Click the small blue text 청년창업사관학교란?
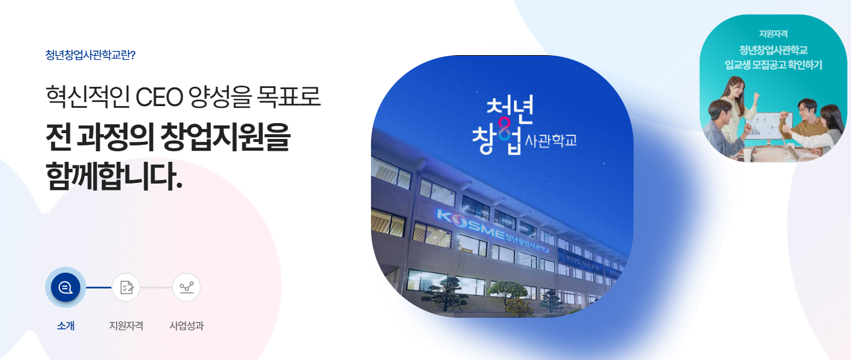click(90, 56)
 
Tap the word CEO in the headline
click(159, 97)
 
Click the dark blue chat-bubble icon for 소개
click(66, 287)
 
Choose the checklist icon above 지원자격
click(126, 287)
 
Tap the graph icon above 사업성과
click(186, 287)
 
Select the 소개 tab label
click(66, 326)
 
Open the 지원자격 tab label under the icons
click(126, 326)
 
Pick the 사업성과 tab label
click(186, 326)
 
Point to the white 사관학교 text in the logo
click(551, 141)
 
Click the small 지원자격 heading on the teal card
click(773, 34)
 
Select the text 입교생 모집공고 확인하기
click(773, 64)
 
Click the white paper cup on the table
click(748, 154)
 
